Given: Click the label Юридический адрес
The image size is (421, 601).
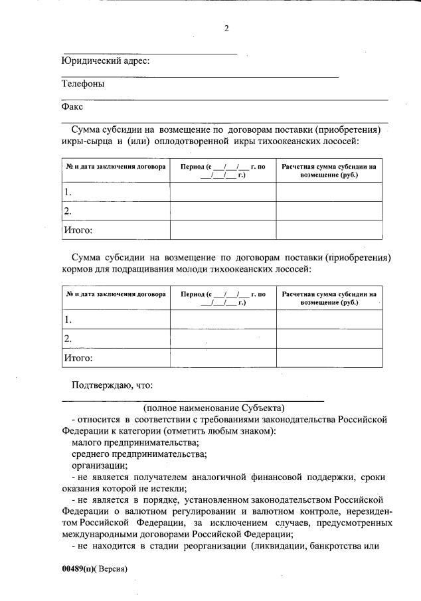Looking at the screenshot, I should (x=106, y=61).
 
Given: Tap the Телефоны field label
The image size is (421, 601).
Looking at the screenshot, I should (x=83, y=84).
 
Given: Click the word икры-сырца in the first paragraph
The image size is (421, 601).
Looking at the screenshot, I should (x=84, y=141).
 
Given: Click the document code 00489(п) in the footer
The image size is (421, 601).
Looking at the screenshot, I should (x=79, y=570).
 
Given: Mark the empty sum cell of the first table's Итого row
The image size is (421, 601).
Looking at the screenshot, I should (x=329, y=230).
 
